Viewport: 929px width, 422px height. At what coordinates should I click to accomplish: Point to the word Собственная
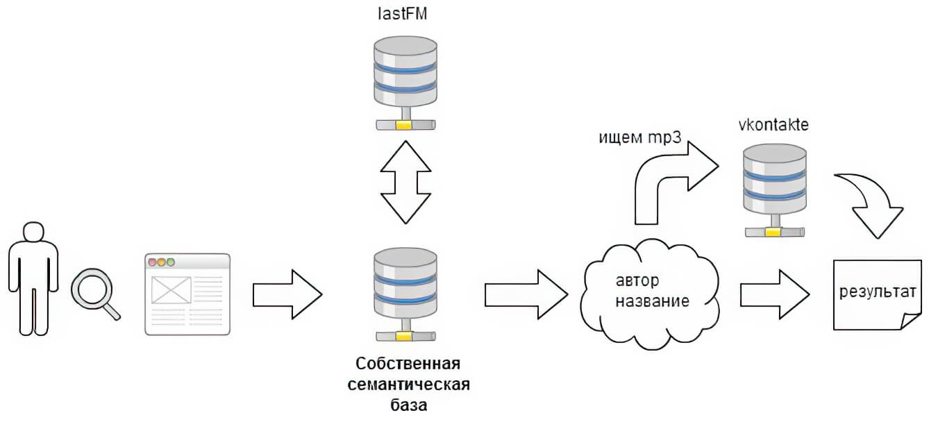[408, 365]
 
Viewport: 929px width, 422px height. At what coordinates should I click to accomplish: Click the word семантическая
[408, 385]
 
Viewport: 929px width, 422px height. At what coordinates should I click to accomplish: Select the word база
[408, 404]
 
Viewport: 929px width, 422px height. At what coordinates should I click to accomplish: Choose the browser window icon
[187, 295]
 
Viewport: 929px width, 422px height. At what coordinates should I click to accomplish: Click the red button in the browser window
[152, 262]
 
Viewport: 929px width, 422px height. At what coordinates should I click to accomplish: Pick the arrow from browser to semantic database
[287, 294]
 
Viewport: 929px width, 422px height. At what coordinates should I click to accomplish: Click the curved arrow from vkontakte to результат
[871, 205]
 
